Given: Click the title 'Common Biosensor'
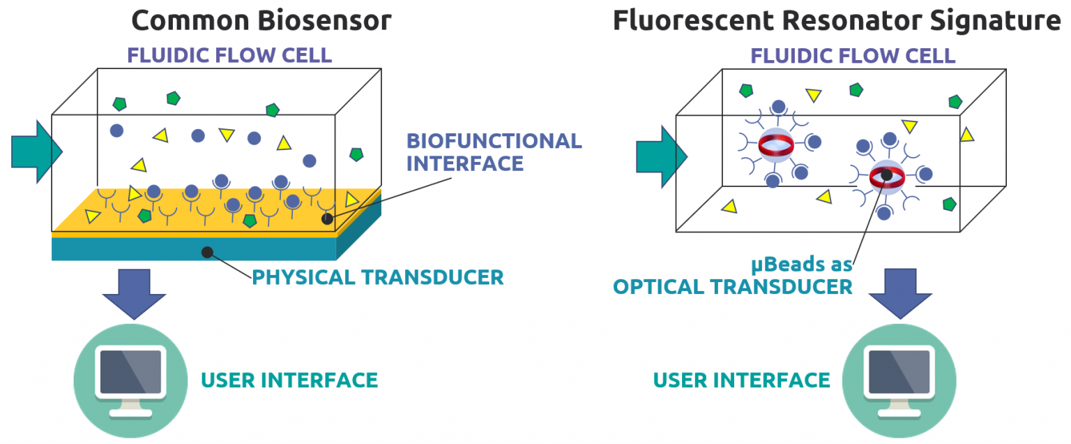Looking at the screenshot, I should click(261, 21).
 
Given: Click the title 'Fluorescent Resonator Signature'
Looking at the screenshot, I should click(836, 21).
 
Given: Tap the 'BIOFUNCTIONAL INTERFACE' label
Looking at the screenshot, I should click(494, 151).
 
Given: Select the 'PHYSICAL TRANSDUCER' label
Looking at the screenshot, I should click(377, 277).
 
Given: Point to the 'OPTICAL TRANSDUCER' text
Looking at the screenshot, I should click(732, 286).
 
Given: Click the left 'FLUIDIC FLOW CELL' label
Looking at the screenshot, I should click(229, 55).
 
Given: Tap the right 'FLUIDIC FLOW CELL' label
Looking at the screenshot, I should click(852, 56).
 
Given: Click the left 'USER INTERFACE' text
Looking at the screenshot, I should click(289, 380).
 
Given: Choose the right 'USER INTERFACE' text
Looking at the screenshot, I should click(741, 380).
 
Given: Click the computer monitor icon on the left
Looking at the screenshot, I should click(130, 380).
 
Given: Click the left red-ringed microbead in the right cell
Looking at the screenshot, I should click(775, 145).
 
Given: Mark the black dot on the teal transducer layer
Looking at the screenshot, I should click(206, 252).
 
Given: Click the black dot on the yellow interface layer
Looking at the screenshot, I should click(326, 219).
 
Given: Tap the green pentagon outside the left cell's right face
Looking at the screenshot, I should click(356, 154).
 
